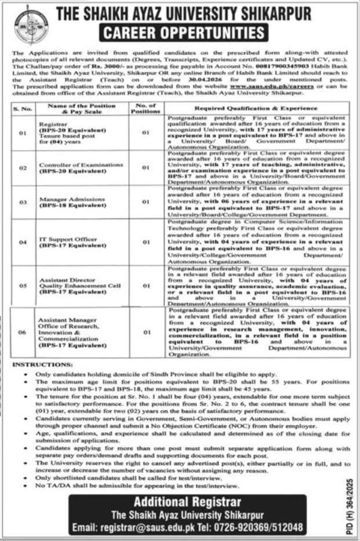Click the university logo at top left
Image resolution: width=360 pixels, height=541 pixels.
(31, 25)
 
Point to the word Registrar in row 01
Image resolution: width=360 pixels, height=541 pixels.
(52, 124)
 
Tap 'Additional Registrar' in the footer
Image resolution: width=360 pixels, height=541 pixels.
(184, 502)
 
